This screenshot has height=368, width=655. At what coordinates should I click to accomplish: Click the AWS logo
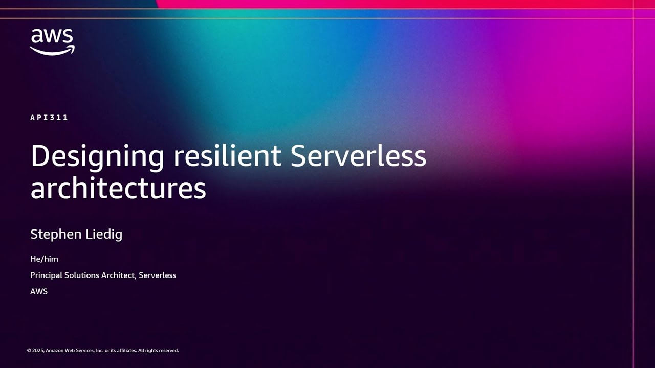click(52, 41)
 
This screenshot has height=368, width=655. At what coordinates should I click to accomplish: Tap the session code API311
click(49, 118)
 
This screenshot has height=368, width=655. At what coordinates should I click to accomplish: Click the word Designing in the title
click(97, 156)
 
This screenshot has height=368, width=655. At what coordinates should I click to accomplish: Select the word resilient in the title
click(227, 156)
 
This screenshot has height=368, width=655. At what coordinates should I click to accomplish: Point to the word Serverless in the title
click(358, 156)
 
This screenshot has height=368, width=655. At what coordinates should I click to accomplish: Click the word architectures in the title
click(118, 188)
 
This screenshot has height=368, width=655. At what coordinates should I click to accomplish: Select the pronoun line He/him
click(44, 259)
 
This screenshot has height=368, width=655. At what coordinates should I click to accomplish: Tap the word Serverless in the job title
click(158, 275)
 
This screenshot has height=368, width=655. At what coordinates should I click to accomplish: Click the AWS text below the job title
click(39, 291)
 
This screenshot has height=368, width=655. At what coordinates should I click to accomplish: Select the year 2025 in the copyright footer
click(38, 351)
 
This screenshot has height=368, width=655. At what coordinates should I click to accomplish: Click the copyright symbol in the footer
click(29, 351)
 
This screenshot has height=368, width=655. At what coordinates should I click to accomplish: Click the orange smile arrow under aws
click(52, 50)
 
